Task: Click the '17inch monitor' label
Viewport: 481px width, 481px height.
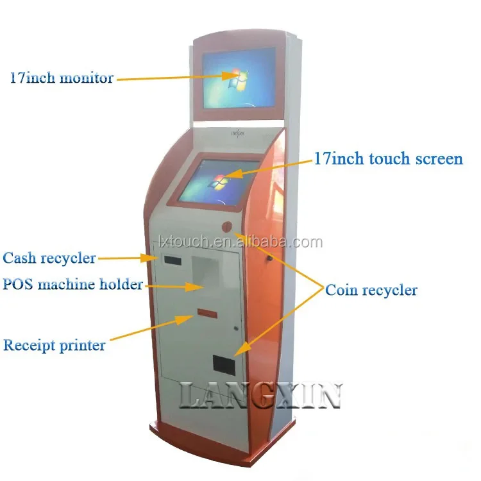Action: coord(62,78)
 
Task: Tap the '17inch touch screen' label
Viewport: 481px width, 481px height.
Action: coord(388,158)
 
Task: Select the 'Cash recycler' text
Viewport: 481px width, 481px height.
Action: coord(49,258)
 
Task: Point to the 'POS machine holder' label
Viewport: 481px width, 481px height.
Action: coord(72,284)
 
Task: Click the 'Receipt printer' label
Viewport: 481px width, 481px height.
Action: coord(55,345)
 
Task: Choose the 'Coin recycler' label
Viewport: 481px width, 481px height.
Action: coord(371,290)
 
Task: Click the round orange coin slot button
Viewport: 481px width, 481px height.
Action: coord(226,226)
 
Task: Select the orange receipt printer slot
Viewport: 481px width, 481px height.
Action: coord(206,312)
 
